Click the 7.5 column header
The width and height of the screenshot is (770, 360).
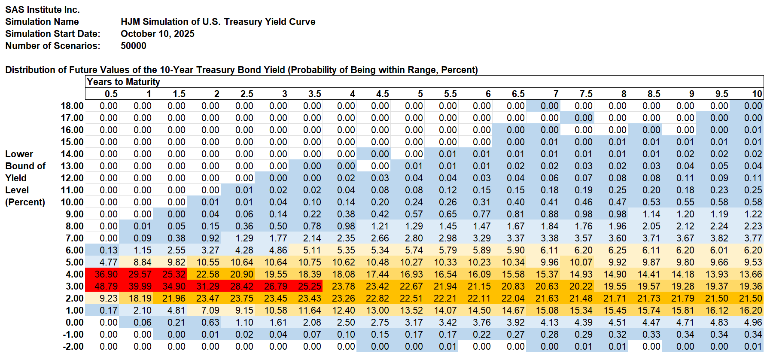coord(586,94)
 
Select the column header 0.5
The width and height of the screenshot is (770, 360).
coord(111,94)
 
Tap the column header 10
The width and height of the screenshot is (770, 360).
coord(757,94)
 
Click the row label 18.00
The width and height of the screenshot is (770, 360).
coord(72,106)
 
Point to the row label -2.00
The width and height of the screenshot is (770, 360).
coord(73,346)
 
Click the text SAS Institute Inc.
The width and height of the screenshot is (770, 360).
coord(43,9)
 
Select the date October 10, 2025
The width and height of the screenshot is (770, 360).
coord(157,34)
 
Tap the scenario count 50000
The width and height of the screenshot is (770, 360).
coord(133,46)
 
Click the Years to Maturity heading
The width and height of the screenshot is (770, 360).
coord(123,82)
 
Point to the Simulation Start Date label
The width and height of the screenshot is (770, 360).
coord(52,34)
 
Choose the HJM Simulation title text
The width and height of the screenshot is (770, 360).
coord(218,21)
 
